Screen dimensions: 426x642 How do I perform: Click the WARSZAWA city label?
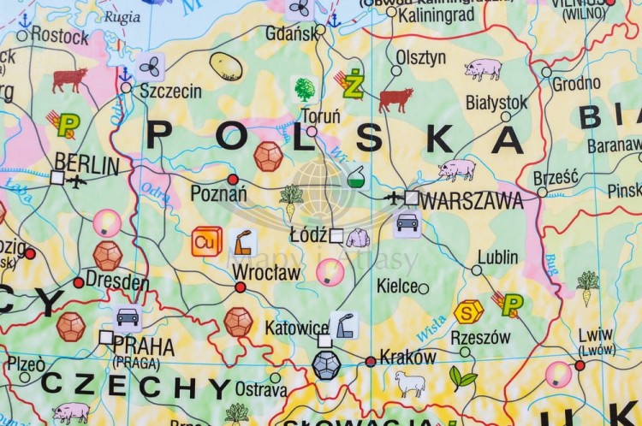(472, 202)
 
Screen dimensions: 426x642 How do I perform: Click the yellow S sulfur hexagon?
(468, 312)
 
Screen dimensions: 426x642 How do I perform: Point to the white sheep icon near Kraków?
(410, 383)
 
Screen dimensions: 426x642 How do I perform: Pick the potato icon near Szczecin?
(226, 66)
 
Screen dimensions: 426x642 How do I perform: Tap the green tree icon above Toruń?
(304, 88)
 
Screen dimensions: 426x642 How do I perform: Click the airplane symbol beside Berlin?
(77, 180)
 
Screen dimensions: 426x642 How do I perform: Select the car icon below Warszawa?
(407, 223)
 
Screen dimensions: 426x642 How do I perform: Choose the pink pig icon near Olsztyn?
(483, 68)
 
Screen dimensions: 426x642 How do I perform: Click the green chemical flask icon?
(355, 177)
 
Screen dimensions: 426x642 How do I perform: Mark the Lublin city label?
(497, 257)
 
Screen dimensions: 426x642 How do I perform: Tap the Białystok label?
(496, 102)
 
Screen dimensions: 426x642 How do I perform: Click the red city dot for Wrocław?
(241, 287)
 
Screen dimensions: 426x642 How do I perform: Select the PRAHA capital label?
(143, 346)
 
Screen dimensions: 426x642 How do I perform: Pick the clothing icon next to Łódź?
(358, 237)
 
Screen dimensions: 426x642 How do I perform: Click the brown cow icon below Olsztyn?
(395, 99)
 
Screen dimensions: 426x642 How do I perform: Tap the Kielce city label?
(396, 287)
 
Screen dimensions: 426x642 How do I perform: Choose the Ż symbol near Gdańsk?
(353, 84)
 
